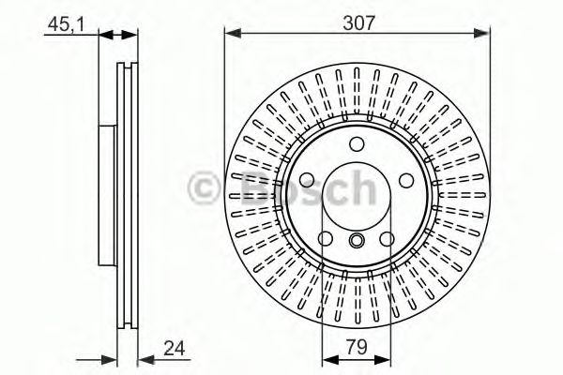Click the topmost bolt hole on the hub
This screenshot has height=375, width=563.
[x=357, y=143]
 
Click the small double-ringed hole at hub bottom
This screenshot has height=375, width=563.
[x=357, y=241]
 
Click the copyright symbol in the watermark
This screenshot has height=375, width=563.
[x=209, y=188]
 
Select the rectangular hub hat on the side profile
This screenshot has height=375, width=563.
[x=106, y=192]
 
